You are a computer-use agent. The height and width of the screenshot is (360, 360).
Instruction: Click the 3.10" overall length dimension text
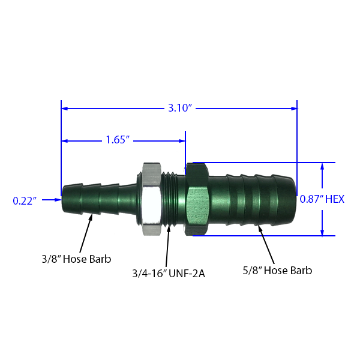click(x=179, y=109)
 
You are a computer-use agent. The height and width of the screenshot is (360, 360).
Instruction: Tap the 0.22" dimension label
click(x=25, y=201)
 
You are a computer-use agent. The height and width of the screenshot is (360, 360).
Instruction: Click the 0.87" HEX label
click(x=322, y=199)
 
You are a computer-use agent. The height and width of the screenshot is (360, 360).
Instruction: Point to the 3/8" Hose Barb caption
click(x=76, y=259)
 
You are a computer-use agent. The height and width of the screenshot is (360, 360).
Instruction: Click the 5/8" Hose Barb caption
click(x=277, y=271)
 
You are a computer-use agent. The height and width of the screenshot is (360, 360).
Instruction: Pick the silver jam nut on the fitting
click(x=150, y=199)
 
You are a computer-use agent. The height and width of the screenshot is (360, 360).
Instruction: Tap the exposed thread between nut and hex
click(x=174, y=198)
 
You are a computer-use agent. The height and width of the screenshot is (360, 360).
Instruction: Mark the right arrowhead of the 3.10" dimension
click(x=294, y=109)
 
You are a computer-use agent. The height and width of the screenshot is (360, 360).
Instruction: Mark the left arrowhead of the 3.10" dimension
click(x=65, y=109)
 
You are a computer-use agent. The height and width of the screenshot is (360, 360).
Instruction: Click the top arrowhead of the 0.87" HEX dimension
click(x=323, y=166)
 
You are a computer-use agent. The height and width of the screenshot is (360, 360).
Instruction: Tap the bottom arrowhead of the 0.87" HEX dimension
click(x=323, y=232)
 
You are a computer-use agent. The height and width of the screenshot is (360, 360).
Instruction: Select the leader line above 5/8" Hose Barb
click(x=267, y=249)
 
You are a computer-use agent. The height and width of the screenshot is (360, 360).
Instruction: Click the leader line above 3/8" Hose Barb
click(x=83, y=244)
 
